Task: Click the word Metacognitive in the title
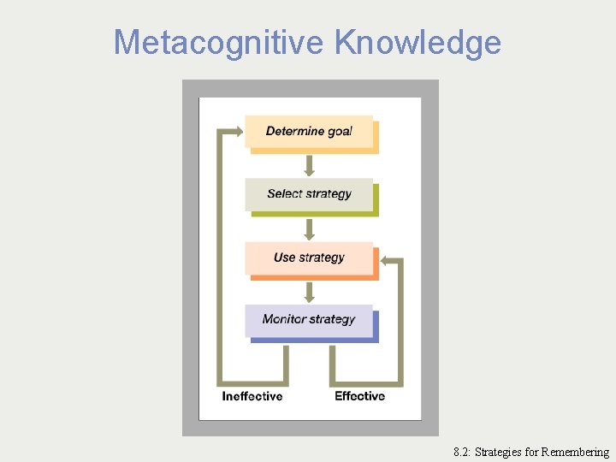click(x=219, y=42)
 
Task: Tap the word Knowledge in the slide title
click(x=418, y=42)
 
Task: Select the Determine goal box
click(x=309, y=132)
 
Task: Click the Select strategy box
click(x=309, y=194)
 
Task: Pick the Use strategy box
click(x=309, y=258)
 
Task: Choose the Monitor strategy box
click(x=309, y=320)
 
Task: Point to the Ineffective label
click(x=252, y=396)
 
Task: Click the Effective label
click(x=360, y=396)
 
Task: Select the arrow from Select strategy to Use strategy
click(x=310, y=228)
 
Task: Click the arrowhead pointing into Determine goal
click(x=235, y=132)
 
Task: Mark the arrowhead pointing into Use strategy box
click(x=385, y=259)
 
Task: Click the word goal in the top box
click(x=340, y=132)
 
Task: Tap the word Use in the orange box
click(x=284, y=258)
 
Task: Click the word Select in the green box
click(x=285, y=194)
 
